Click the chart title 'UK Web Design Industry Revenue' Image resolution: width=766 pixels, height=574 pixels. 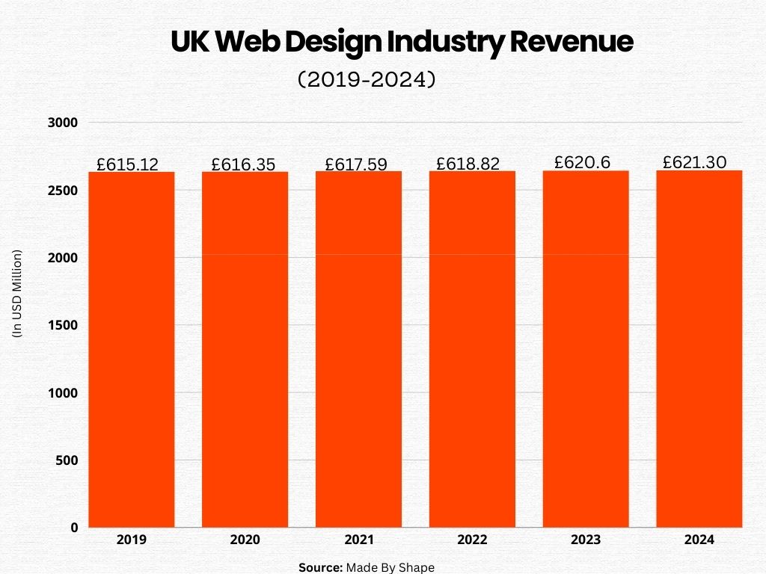(x=402, y=43)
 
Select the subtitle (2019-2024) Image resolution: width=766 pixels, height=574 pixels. (x=367, y=79)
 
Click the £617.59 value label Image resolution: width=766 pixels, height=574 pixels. (x=356, y=164)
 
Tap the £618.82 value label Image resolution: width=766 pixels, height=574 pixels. (x=468, y=164)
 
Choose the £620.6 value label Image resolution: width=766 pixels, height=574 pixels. (x=581, y=162)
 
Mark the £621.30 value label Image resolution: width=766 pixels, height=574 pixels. (x=695, y=161)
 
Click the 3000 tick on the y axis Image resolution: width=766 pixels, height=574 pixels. (x=64, y=123)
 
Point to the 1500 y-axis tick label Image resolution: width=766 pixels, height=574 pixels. (x=64, y=325)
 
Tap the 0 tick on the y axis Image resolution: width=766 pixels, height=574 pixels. (x=74, y=528)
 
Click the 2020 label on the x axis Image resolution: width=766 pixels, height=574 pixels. (x=245, y=540)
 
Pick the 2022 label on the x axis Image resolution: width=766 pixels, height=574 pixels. (x=472, y=540)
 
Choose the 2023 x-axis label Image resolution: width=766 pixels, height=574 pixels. (x=586, y=540)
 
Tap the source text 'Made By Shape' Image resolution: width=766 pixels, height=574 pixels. (x=390, y=567)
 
